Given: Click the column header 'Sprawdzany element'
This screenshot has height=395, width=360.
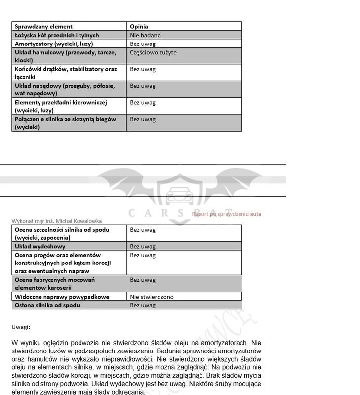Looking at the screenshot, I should (x=43, y=26).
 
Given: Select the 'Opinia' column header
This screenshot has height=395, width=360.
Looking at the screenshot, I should (x=139, y=26).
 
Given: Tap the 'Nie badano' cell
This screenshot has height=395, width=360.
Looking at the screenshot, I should (x=145, y=35).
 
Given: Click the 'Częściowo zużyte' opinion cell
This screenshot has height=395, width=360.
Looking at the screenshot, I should (x=153, y=52).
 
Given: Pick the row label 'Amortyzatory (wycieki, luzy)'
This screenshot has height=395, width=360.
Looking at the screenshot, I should (x=54, y=44).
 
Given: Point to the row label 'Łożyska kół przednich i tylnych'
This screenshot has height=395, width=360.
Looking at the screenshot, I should (x=57, y=35).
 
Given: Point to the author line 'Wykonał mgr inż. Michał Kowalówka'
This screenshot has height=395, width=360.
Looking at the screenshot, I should (x=57, y=221).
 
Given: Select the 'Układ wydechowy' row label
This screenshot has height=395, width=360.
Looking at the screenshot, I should (x=40, y=246).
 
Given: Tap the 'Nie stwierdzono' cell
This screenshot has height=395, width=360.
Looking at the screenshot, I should (x=152, y=297).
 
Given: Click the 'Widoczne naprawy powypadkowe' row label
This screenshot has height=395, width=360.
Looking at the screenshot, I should (x=62, y=297).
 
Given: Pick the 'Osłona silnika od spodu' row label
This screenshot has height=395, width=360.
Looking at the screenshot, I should (x=47, y=305).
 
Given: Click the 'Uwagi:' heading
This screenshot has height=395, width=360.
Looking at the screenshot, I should (x=21, y=327).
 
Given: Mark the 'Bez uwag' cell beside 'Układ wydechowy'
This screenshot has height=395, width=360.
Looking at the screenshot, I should (x=143, y=246).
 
